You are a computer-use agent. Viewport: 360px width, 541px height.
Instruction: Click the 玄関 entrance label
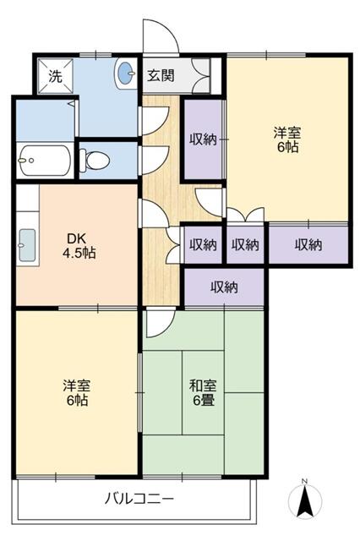[x=161, y=75]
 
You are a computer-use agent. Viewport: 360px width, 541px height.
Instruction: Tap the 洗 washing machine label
[x=54, y=76]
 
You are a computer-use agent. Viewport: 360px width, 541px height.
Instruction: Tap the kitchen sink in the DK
[x=26, y=246]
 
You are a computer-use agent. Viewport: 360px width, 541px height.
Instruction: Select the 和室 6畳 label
[x=203, y=391]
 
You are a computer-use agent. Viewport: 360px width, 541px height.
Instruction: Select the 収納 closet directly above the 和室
[x=224, y=287]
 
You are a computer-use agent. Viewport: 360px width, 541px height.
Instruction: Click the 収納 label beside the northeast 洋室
[x=203, y=139]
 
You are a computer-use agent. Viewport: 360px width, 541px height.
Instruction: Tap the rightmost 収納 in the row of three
[x=308, y=245]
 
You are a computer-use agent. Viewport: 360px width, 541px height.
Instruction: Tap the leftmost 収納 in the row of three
[x=203, y=245]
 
